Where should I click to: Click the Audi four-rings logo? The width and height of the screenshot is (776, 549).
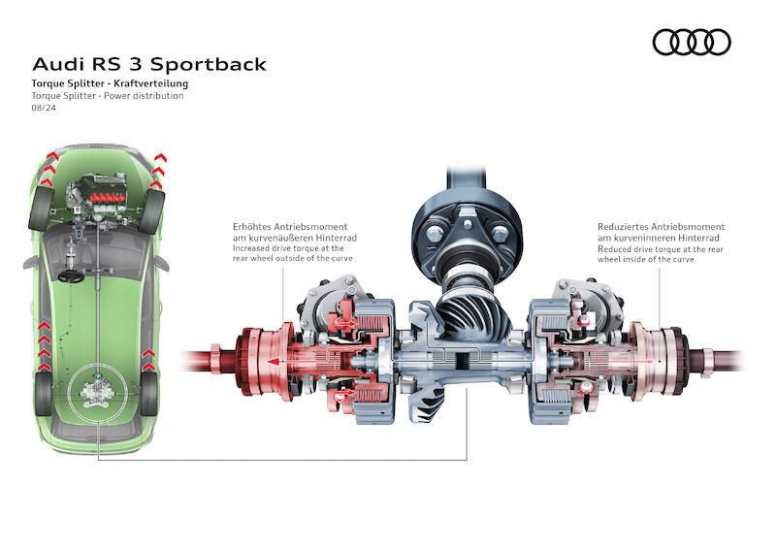(x=691, y=42)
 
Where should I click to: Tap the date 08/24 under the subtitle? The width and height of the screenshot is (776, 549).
(x=43, y=109)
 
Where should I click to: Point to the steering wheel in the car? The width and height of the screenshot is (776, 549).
(x=71, y=275)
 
